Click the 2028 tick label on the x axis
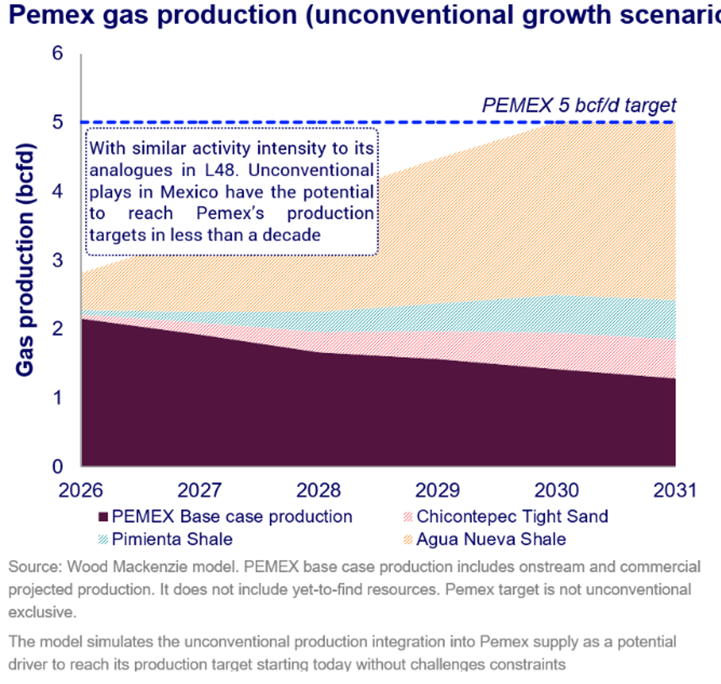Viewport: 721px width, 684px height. (x=318, y=490)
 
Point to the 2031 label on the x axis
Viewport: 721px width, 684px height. (x=675, y=490)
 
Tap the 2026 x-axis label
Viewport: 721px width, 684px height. (x=81, y=490)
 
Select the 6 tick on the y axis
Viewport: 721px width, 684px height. (x=58, y=53)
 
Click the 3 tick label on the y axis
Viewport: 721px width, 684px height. (x=58, y=260)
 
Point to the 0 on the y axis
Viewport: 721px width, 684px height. (x=58, y=467)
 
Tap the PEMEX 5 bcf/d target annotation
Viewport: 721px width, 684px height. (x=579, y=105)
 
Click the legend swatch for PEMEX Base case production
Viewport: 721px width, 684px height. (x=103, y=517)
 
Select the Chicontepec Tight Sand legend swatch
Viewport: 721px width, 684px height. (x=408, y=517)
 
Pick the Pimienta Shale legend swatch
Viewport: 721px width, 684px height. (x=103, y=539)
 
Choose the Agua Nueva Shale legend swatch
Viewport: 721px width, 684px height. (x=408, y=539)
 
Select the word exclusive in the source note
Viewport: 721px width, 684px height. (x=42, y=612)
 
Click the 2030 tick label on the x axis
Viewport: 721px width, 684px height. (x=557, y=490)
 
